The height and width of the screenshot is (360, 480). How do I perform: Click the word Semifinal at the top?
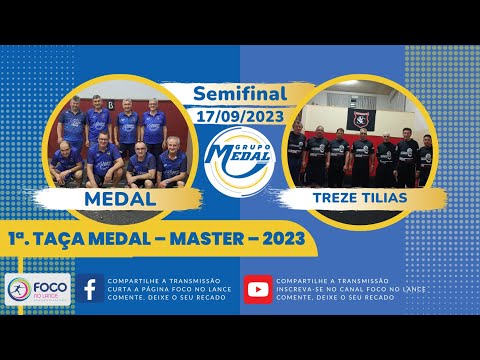(239, 94)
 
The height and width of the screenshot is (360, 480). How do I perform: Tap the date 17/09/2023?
(239, 115)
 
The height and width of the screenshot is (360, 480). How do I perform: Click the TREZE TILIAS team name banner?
(360, 198)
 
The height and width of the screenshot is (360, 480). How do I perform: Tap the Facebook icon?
(90, 290)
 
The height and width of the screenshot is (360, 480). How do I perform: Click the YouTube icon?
(257, 290)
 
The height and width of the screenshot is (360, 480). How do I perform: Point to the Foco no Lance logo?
(38, 291)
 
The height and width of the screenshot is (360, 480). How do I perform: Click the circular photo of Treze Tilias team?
(360, 140)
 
